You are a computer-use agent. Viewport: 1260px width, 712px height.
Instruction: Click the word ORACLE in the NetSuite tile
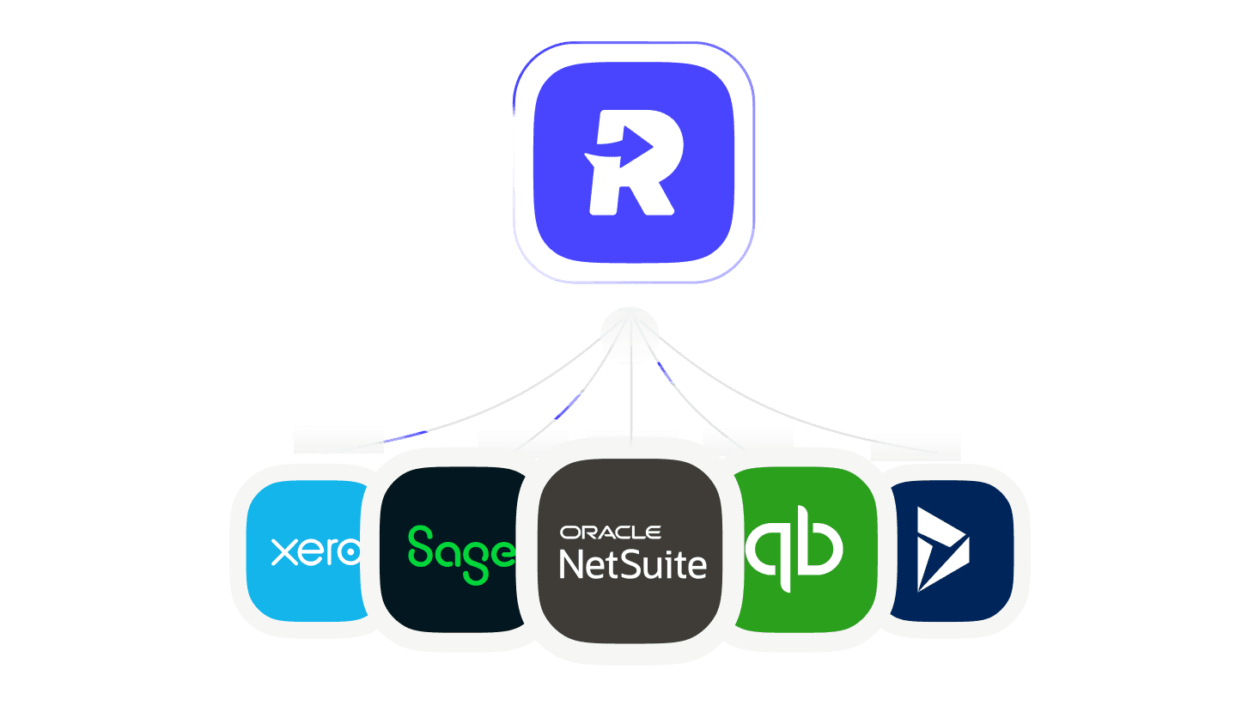(610, 532)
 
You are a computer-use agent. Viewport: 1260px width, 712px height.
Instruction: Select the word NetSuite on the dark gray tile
(633, 564)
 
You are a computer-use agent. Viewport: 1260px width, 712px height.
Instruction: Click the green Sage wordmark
(461, 554)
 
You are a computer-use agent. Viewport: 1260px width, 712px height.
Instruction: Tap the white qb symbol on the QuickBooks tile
(794, 549)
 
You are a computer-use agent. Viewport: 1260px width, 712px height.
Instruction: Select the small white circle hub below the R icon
(630, 333)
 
